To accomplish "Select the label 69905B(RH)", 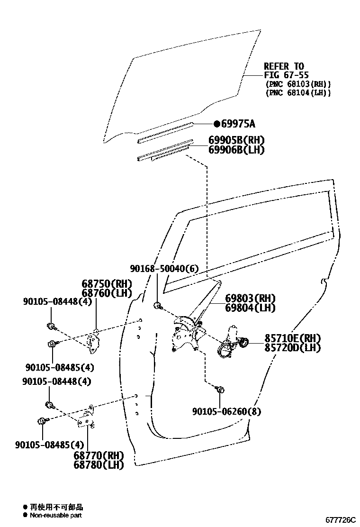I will [236, 140].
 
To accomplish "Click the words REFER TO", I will [284, 66].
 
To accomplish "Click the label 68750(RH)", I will [107, 284].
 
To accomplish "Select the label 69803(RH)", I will [250, 299].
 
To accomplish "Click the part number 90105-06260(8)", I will [226, 411].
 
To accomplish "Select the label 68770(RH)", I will [99, 455].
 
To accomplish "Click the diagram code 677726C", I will [340, 520].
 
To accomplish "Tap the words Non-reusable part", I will [56, 515].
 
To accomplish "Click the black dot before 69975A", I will [216, 124].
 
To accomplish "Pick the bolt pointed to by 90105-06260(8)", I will [220, 390].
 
